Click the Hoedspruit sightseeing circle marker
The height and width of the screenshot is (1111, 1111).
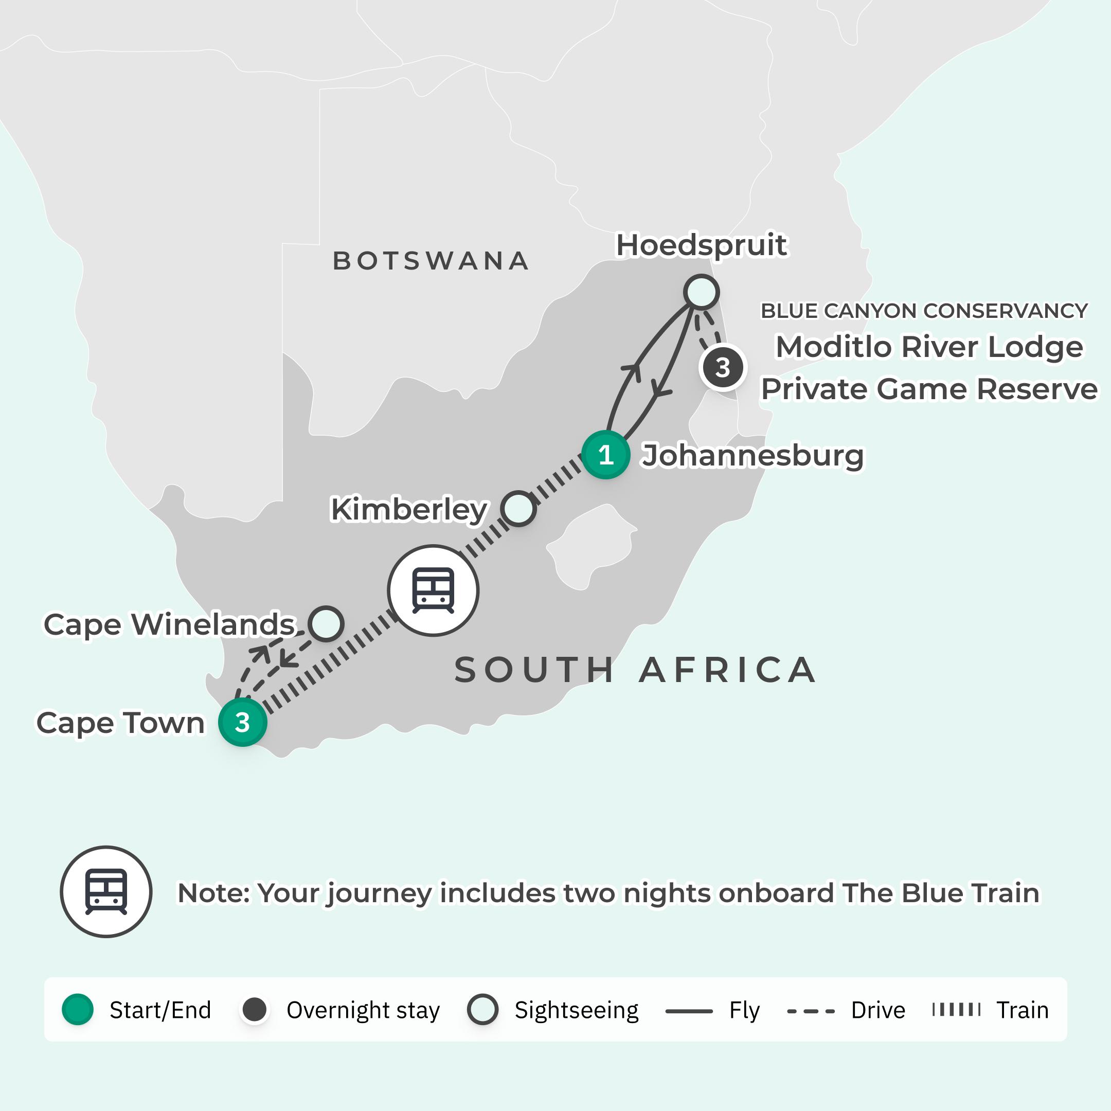pos(701,292)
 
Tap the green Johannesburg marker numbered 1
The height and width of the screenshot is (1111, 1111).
pos(605,455)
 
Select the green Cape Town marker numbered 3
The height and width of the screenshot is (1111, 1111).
pos(243,722)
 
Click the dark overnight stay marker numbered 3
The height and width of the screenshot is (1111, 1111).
pos(723,367)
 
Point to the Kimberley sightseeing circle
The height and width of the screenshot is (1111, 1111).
pos(518,508)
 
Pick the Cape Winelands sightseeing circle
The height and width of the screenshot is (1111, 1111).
pos(326,623)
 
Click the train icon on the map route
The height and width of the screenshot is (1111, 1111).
pos(433,590)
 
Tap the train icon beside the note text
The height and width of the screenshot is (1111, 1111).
pos(106,892)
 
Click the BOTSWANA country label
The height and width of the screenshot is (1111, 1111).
pos(431,260)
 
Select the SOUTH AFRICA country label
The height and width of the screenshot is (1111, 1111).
pos(635,670)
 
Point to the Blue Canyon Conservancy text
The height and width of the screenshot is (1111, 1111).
pos(924,311)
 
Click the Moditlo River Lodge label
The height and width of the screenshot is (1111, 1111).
pos(929,347)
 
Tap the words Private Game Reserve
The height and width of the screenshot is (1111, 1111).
pos(929,389)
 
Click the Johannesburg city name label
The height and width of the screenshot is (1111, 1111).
pos(752,455)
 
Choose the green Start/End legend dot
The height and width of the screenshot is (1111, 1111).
pos(78,1010)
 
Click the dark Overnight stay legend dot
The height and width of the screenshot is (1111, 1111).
pos(255,1010)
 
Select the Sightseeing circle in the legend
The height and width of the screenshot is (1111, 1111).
pos(482,1010)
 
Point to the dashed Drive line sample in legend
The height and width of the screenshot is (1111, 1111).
pos(810,1011)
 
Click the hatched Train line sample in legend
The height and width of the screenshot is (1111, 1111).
pos(956,1010)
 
